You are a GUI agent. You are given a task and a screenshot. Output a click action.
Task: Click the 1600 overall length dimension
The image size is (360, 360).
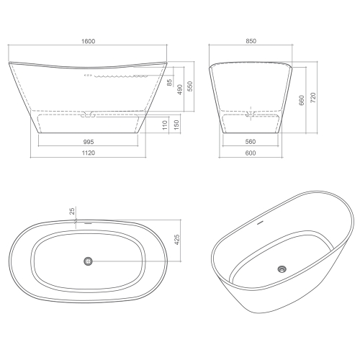click(x=89, y=41)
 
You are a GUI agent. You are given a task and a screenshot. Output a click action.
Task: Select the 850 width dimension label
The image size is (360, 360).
click(x=251, y=41)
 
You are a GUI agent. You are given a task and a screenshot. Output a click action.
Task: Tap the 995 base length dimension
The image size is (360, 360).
click(x=89, y=142)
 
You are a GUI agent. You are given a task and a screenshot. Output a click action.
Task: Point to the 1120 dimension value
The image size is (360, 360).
click(x=89, y=153)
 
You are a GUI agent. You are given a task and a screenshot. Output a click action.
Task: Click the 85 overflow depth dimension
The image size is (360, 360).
click(x=170, y=83)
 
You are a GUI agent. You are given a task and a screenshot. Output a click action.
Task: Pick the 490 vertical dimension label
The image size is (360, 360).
click(x=180, y=89)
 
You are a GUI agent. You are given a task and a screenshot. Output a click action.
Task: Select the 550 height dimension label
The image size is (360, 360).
click(x=190, y=86)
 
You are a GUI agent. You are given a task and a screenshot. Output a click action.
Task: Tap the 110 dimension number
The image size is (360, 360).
click(x=165, y=125)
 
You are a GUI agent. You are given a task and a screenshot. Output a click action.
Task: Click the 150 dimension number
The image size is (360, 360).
click(x=176, y=125)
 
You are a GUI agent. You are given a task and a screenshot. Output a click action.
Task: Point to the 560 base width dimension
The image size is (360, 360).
click(x=251, y=142)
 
